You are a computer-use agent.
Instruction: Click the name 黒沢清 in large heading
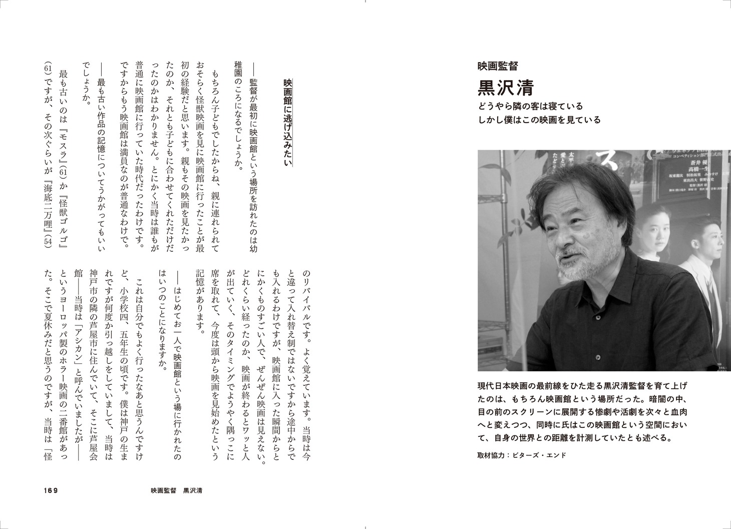click(x=506, y=88)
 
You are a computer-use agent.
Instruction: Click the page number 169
click(x=51, y=490)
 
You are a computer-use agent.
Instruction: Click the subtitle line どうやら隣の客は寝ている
click(x=531, y=106)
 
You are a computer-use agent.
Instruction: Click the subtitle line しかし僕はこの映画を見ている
click(x=539, y=120)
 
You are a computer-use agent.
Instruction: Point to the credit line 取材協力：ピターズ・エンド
click(x=522, y=455)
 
